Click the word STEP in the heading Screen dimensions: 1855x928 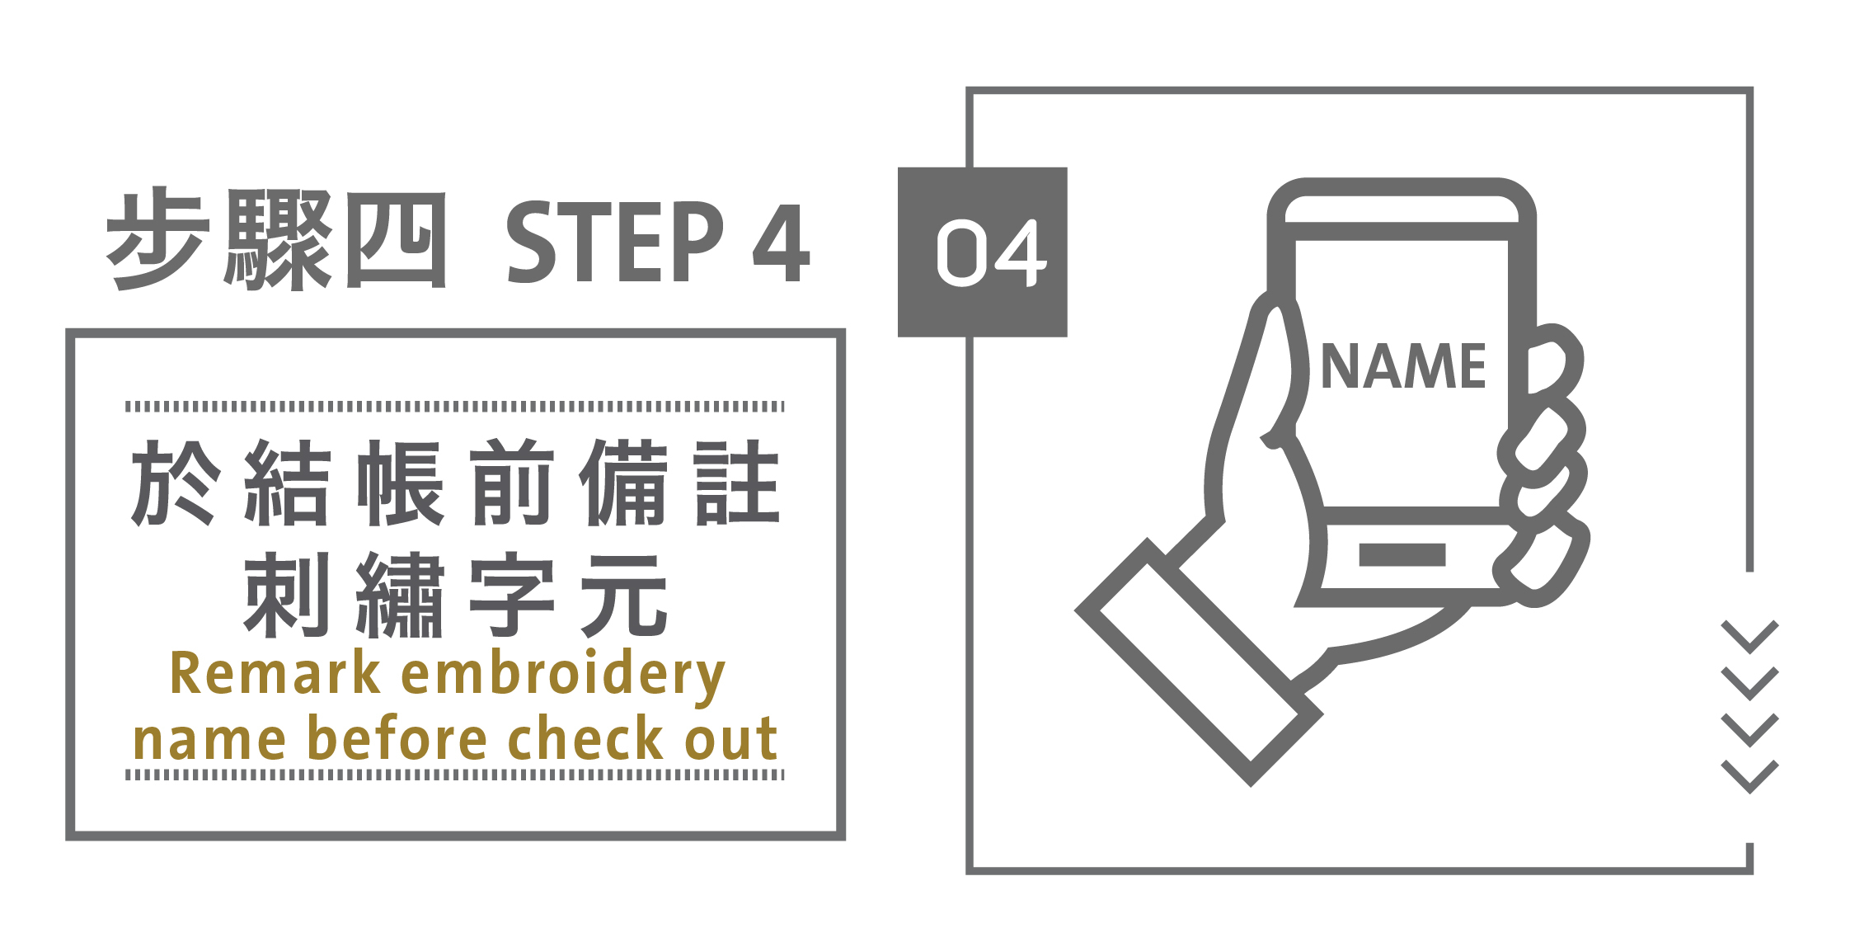tap(614, 243)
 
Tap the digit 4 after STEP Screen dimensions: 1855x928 tap(781, 243)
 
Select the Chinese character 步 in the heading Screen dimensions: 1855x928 tap(155, 239)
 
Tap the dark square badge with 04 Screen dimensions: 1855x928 tap(982, 252)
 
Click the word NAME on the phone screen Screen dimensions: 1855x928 tap(1402, 366)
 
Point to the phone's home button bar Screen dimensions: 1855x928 tap(1402, 554)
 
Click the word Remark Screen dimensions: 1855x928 tap(275, 674)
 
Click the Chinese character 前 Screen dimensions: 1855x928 tap(512, 483)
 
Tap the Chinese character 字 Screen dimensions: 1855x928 tap(512, 595)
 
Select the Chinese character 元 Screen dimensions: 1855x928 tap(624, 595)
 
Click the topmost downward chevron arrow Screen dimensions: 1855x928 tap(1749, 636)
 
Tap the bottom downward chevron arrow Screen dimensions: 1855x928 tap(1749, 776)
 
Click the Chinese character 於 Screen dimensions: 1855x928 tap(176, 483)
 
